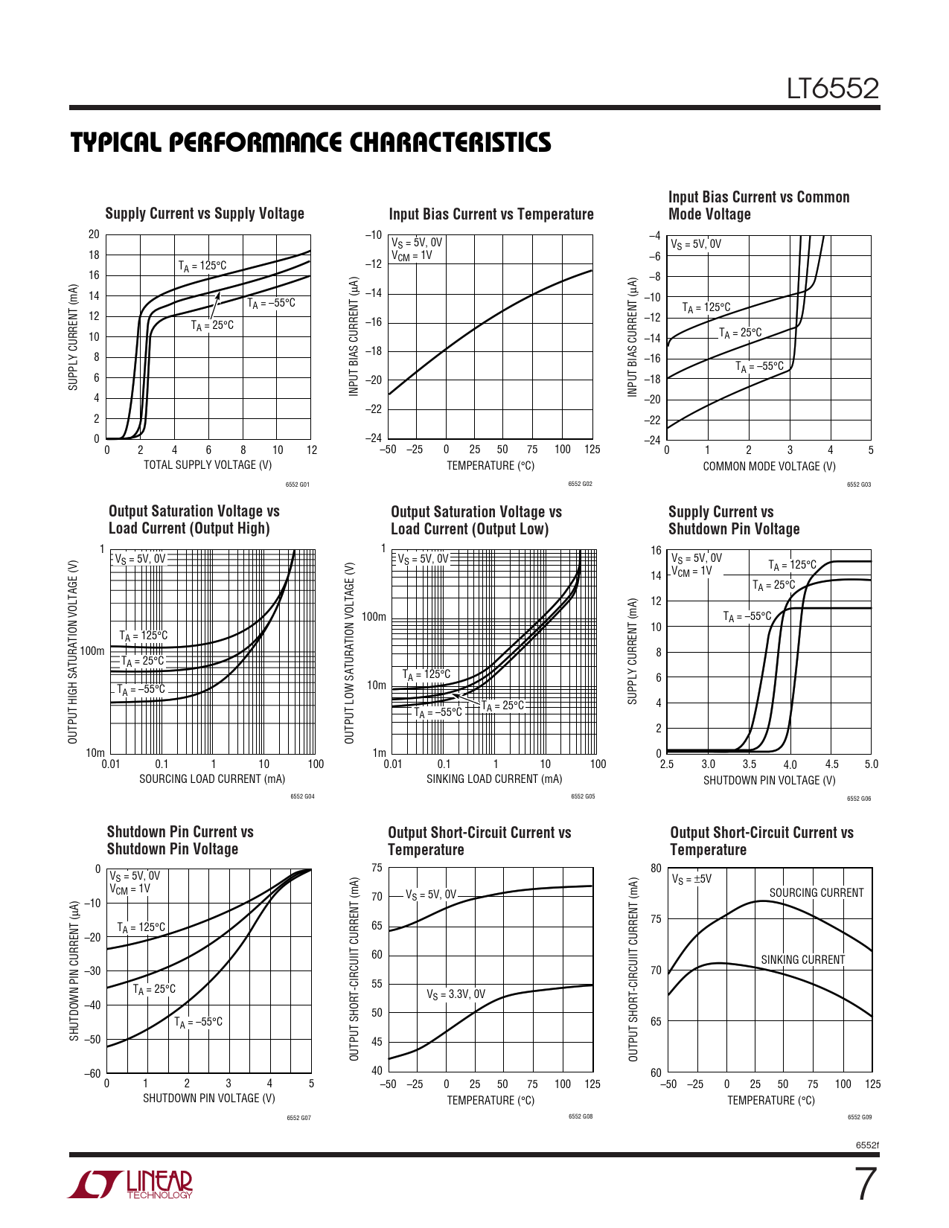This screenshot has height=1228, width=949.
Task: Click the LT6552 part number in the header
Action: [x=833, y=89]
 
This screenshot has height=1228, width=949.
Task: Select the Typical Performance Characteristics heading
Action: [x=311, y=142]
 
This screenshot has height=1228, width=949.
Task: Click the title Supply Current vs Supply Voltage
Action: [x=205, y=214]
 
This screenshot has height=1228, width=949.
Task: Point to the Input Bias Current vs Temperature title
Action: [x=491, y=214]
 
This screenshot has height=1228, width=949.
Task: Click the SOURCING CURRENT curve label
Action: [x=816, y=893]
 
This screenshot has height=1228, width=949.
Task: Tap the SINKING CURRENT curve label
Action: [x=802, y=960]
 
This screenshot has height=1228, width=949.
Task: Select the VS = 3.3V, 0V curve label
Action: [x=456, y=994]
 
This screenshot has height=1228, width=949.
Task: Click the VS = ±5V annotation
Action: [x=691, y=879]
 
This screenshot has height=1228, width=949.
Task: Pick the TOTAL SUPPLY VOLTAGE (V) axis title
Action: [x=208, y=465]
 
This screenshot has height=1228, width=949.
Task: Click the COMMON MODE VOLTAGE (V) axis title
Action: [x=769, y=467]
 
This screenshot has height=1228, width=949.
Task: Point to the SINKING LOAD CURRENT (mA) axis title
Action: [x=494, y=779]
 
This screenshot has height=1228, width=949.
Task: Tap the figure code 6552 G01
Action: [x=297, y=485]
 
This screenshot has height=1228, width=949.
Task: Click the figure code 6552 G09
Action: [x=860, y=1117]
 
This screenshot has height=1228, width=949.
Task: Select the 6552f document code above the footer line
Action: [x=867, y=1145]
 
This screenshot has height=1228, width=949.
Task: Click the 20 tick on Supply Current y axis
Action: [x=94, y=234]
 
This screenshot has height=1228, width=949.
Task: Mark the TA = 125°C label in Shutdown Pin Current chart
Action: [x=141, y=927]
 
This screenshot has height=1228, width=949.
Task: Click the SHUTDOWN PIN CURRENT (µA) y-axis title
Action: [x=74, y=971]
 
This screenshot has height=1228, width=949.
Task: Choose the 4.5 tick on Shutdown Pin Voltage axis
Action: [x=831, y=764]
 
